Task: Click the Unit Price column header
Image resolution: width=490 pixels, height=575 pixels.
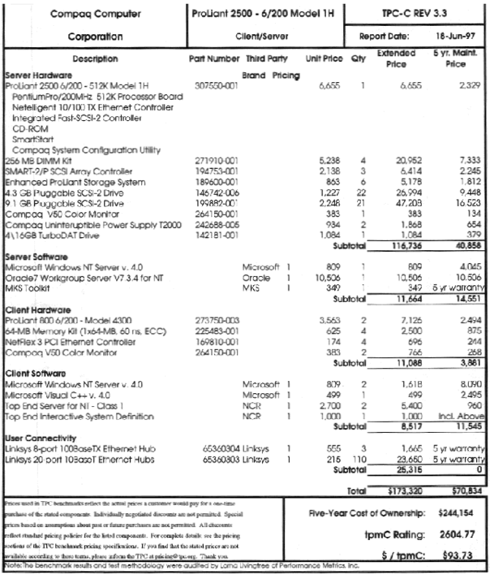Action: pyautogui.click(x=322, y=59)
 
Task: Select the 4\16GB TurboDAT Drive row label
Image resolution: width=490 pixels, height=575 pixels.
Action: pyautogui.click(x=51, y=235)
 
